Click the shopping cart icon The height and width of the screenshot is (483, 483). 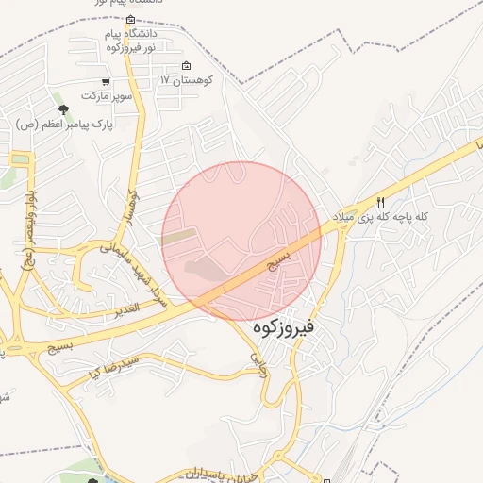coord(117,82)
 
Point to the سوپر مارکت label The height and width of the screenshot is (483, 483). coord(104,96)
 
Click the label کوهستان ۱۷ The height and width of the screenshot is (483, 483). coord(189,80)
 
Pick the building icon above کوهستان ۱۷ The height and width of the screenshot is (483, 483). coord(186,66)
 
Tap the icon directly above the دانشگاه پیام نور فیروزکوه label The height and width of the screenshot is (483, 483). coord(130,19)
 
